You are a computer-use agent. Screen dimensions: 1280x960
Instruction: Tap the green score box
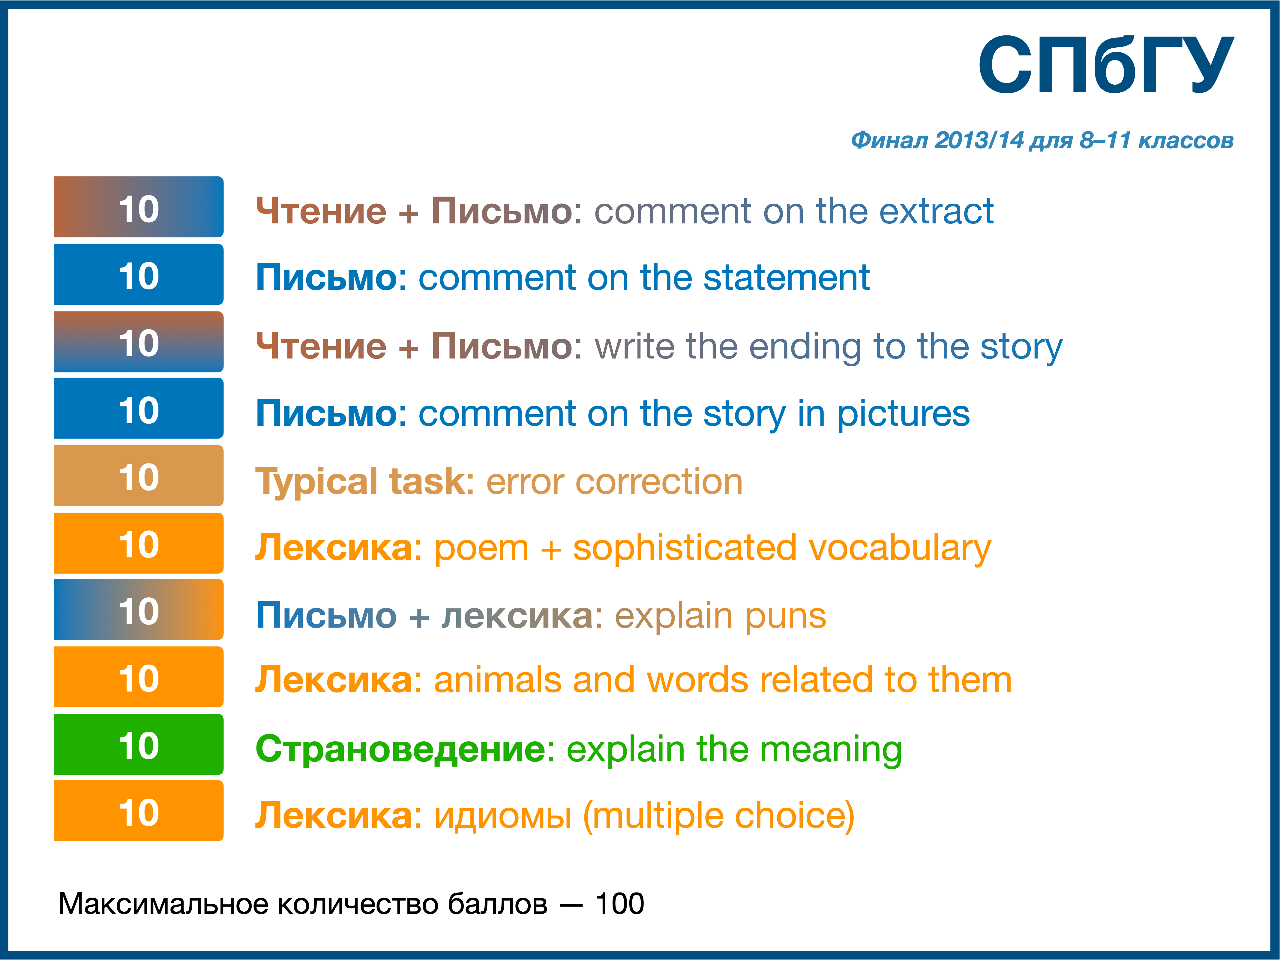pyautogui.click(x=139, y=744)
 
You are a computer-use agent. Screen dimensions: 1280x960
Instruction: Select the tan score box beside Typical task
pyautogui.click(x=139, y=476)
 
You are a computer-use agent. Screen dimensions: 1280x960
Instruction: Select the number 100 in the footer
pyautogui.click(x=620, y=904)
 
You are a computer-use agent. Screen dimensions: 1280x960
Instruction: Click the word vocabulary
pyautogui.click(x=900, y=549)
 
